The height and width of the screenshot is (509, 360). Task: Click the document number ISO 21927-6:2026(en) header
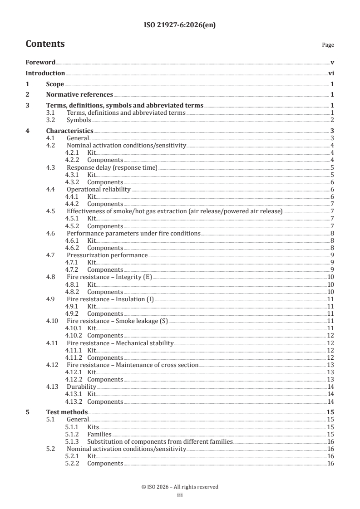180,25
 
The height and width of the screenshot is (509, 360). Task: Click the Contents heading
45,44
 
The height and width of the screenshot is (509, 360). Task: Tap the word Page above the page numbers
328,45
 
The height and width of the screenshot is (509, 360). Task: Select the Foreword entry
40,62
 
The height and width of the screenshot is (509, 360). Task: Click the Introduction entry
45,73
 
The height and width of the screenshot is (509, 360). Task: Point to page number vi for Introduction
331,73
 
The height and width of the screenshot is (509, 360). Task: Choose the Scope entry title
55,84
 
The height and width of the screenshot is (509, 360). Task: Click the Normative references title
79,95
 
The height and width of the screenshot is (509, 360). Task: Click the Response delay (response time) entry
112,167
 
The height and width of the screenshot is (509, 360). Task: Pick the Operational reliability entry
99,189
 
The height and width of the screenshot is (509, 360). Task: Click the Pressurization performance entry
107,255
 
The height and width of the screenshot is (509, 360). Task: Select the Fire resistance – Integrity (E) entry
109,277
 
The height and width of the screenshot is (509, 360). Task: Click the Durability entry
82,387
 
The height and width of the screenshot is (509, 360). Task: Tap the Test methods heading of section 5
67,412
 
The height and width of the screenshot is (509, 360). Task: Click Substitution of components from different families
160,441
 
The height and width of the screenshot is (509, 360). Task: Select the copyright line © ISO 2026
180,487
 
